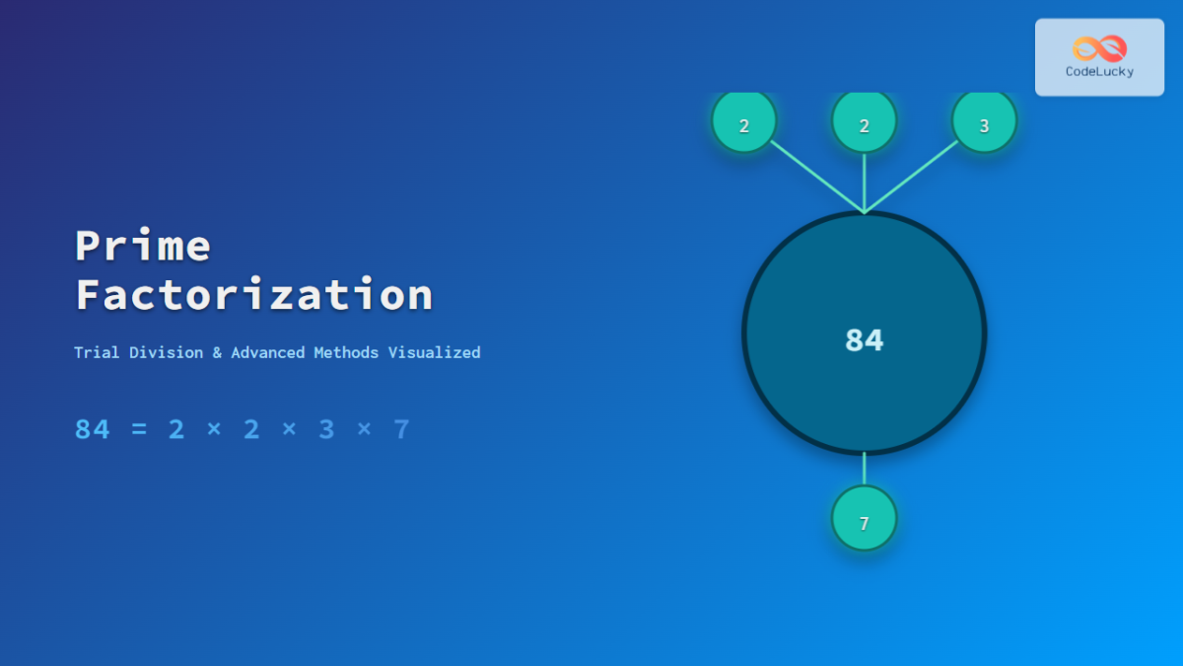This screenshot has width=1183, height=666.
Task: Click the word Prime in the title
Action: pyautogui.click(x=143, y=246)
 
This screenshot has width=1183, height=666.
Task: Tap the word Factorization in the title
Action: pyautogui.click(x=254, y=295)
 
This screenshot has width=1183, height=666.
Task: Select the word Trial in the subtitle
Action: pyautogui.click(x=97, y=352)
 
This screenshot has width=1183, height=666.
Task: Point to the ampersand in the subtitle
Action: pyautogui.click(x=217, y=352)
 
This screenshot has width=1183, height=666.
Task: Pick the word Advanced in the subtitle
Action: pyautogui.click(x=267, y=352)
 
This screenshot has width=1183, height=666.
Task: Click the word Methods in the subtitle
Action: pyautogui.click(x=346, y=352)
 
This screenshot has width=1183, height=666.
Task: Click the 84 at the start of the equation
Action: pyautogui.click(x=93, y=429)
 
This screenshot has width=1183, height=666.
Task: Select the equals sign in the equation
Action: pyautogui.click(x=139, y=430)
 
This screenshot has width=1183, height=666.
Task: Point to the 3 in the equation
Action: pyautogui.click(x=326, y=429)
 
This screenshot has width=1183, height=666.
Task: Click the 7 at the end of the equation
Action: pyautogui.click(x=401, y=429)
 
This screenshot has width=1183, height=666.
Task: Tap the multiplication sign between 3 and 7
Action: pyautogui.click(x=364, y=430)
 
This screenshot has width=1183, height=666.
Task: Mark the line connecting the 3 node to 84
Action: pyautogui.click(x=912, y=178)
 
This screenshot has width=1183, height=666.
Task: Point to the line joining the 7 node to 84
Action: pyautogui.click(x=865, y=470)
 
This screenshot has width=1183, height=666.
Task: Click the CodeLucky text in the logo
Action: pyautogui.click(x=1099, y=71)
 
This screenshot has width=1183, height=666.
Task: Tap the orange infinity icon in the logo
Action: pyautogui.click(x=1099, y=47)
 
